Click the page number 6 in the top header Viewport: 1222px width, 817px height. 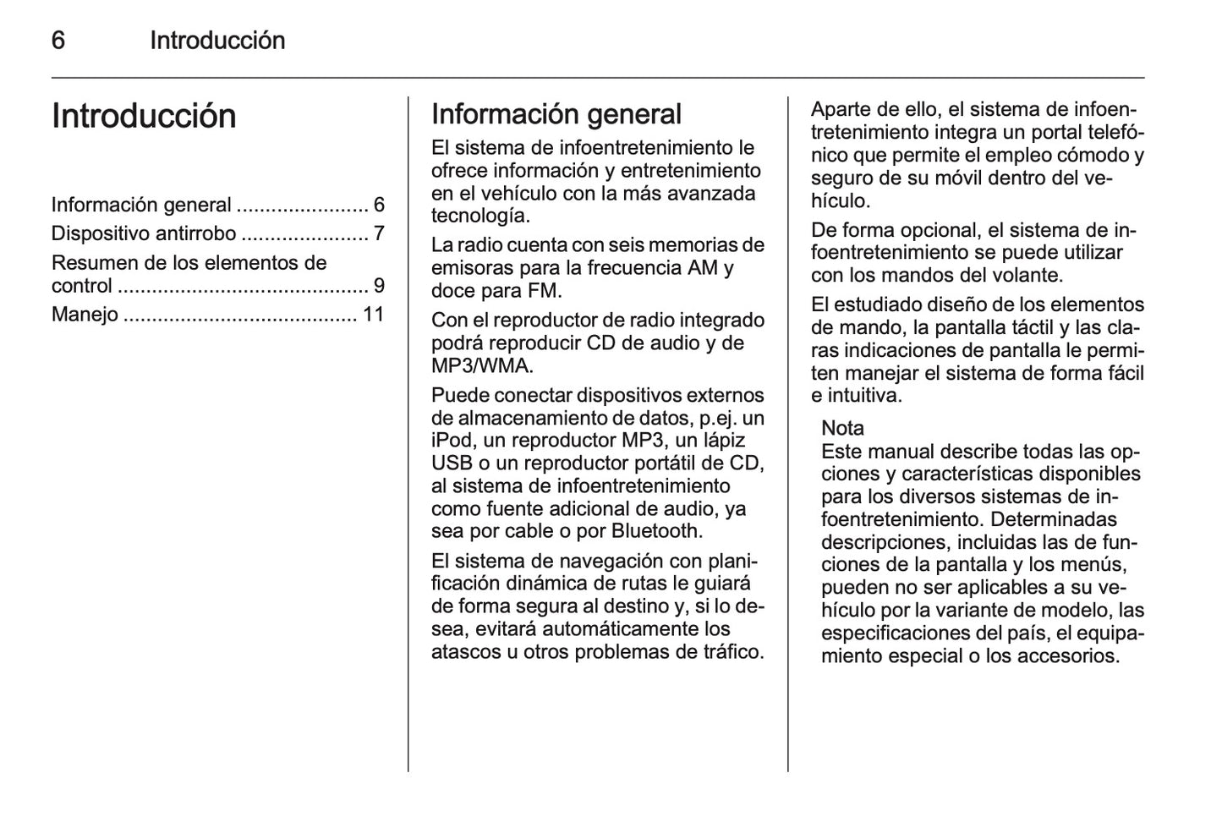click(58, 40)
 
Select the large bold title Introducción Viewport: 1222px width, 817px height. click(144, 116)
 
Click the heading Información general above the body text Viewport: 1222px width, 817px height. click(556, 114)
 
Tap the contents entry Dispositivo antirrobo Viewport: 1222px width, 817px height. click(144, 233)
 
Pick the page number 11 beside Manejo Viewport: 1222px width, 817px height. click(373, 315)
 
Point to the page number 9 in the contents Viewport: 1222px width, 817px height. click(379, 286)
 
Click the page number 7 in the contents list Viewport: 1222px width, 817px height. click(379, 233)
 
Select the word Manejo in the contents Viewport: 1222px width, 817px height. click(85, 315)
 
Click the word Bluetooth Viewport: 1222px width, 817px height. click(655, 531)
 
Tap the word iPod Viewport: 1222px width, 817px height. click(450, 441)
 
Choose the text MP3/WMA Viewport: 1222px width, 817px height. click(481, 366)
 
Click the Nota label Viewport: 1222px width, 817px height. click(842, 428)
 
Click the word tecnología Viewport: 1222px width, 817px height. click(480, 216)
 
